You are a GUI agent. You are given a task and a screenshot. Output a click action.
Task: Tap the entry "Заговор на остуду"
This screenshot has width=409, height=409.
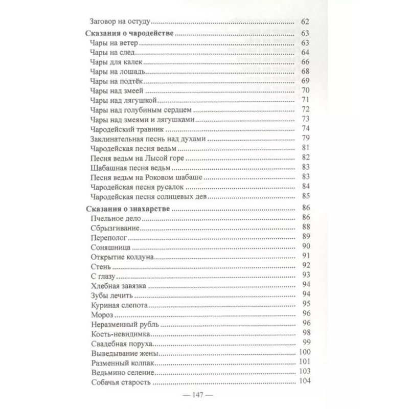[x=119, y=22]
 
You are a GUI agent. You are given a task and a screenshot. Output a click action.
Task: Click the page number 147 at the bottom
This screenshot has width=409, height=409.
[x=203, y=395]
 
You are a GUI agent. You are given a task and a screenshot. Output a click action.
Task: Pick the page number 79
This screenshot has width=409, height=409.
[x=307, y=138]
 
